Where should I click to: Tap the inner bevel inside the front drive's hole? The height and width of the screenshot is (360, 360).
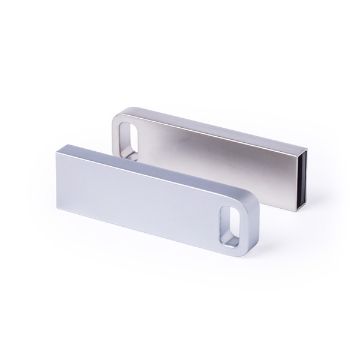point(224,223)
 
